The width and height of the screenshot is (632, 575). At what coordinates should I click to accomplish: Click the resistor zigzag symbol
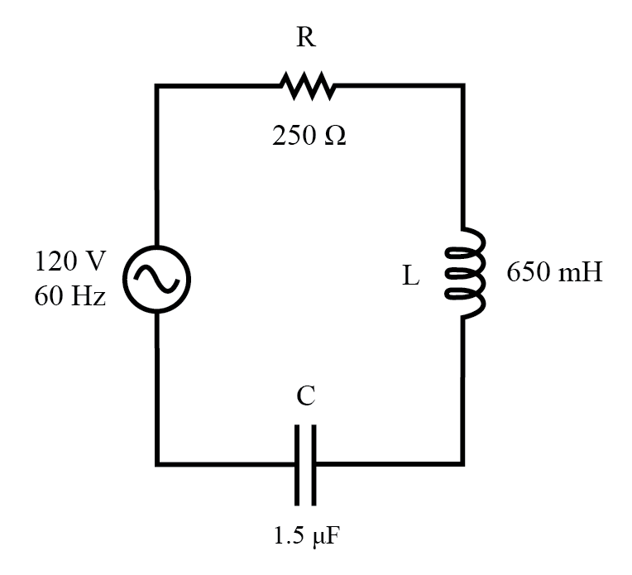(x=307, y=84)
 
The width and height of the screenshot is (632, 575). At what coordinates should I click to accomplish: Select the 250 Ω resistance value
(x=309, y=136)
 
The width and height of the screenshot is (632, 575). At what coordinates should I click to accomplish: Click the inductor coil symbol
(x=465, y=273)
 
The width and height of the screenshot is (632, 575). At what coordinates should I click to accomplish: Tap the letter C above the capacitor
(x=305, y=397)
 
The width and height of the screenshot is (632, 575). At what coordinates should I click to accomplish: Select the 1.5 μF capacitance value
(x=307, y=537)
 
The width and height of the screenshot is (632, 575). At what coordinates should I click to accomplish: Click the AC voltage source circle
(x=157, y=279)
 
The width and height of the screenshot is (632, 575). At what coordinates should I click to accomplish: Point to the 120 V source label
(x=70, y=261)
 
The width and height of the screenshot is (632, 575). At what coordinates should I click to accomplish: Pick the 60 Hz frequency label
(x=70, y=295)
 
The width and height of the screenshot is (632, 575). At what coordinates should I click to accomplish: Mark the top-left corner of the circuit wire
(x=157, y=85)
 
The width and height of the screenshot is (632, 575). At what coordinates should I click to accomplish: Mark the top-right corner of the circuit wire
(x=462, y=85)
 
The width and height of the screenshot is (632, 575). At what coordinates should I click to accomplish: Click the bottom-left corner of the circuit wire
(x=157, y=462)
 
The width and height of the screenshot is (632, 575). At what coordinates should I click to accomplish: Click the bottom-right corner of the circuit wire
(x=462, y=462)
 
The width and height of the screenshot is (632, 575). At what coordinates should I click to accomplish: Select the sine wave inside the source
(x=157, y=279)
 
